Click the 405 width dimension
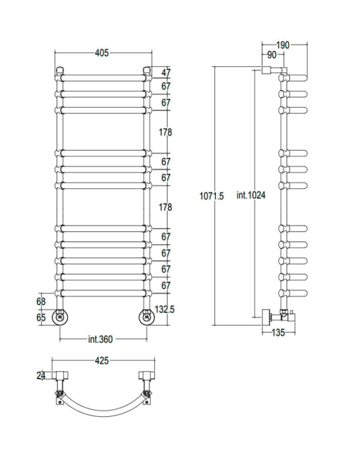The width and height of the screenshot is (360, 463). [102, 53]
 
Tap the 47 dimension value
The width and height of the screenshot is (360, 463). [166, 73]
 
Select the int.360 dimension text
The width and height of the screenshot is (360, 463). [100, 339]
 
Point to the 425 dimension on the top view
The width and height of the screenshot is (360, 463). [102, 360]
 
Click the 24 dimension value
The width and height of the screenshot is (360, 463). [41, 376]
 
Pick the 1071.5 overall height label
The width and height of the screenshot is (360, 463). [212, 196]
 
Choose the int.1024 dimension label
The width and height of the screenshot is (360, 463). [251, 195]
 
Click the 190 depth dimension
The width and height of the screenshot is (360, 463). [283, 45]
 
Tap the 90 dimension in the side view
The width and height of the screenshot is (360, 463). [271, 55]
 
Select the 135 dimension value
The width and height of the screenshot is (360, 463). [278, 333]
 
